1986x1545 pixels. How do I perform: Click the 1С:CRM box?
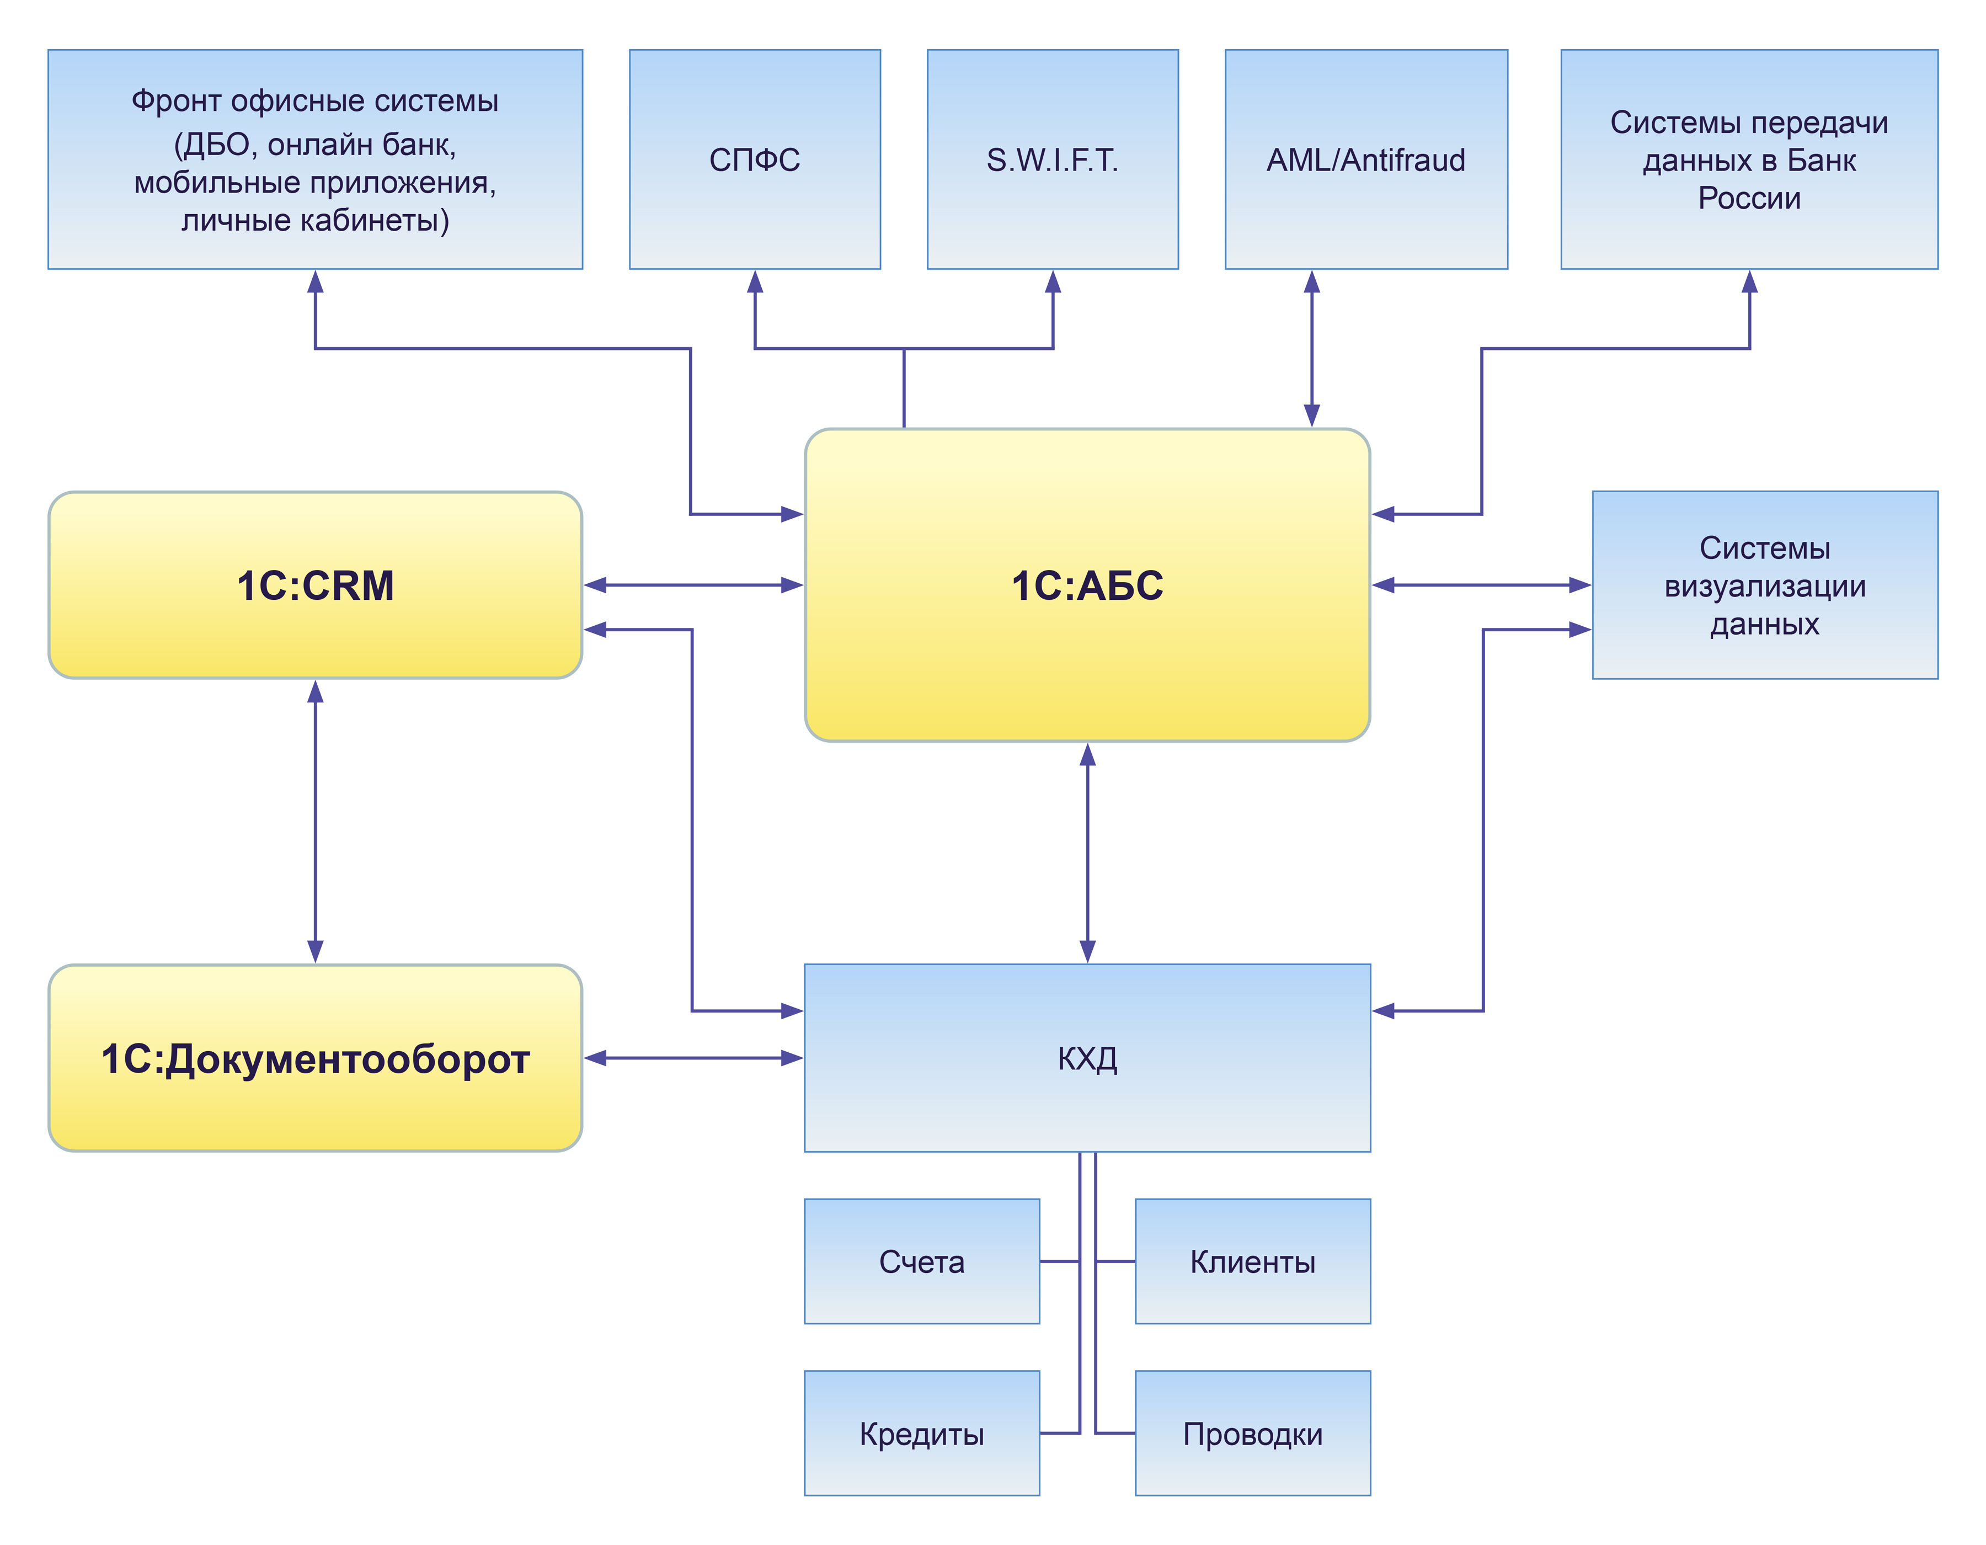(314, 585)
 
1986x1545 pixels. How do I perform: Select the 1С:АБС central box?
(1087, 585)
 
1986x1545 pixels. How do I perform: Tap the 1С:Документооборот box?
(314, 1058)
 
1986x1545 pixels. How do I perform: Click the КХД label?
(1087, 1058)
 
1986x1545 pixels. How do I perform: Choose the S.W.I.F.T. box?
(1052, 159)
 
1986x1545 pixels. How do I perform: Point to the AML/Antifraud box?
(1366, 159)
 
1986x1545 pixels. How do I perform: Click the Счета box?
(921, 1261)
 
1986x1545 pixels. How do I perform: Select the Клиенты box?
(1252, 1261)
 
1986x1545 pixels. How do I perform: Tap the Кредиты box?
(921, 1433)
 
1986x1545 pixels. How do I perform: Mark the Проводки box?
(1252, 1433)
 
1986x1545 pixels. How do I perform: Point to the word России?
(1749, 198)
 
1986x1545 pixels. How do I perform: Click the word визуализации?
(1764, 587)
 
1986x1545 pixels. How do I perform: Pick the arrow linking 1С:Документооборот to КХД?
(693, 1058)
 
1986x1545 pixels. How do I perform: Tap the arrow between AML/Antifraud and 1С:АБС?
(1311, 348)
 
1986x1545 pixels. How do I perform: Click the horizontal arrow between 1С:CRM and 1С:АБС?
(693, 585)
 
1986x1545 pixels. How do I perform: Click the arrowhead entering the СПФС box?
(755, 282)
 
